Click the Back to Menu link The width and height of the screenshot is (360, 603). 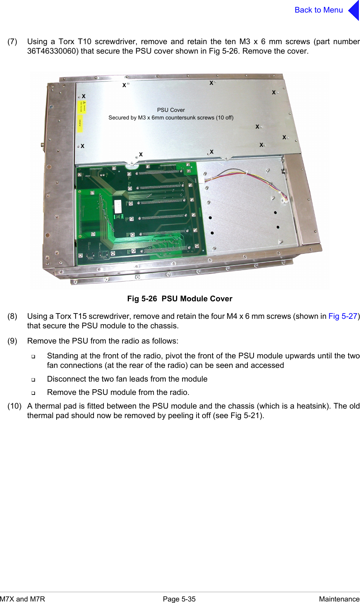(319, 10)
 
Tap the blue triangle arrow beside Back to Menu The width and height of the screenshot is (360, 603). (354, 10)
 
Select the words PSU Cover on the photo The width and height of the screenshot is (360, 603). (171, 110)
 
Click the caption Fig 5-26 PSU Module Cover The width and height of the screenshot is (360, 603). (179, 299)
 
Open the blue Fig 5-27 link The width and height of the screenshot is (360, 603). (343, 316)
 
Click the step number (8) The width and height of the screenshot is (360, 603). (13, 316)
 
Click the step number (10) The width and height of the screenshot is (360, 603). (14, 406)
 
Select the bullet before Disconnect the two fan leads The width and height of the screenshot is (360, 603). (33, 380)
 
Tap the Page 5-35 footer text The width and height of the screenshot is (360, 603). (179, 599)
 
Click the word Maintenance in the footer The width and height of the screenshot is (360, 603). (339, 599)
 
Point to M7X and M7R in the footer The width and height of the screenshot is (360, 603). (22, 599)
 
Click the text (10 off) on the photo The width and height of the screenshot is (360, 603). (225, 118)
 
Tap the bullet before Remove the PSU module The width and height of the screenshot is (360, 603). (33, 393)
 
